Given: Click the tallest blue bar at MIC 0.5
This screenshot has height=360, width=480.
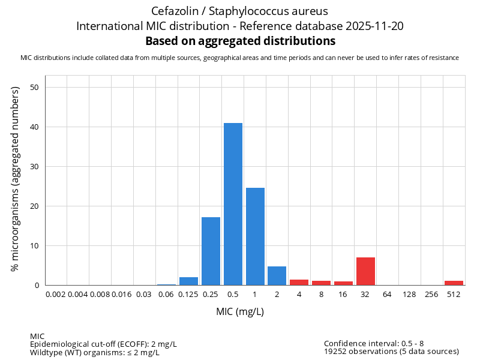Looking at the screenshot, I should click(233, 204).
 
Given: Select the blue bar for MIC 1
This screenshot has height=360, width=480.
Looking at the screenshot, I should click(255, 236).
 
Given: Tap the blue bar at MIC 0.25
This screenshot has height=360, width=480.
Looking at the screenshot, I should click(211, 251).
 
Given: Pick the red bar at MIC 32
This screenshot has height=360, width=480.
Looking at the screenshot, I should click(365, 271).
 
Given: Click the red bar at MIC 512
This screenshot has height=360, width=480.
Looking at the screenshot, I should click(454, 283).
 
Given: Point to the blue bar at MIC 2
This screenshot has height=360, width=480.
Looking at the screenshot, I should click(277, 275).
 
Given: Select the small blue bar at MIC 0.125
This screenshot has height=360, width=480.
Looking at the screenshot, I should click(188, 281).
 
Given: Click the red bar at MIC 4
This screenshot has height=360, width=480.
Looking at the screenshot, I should click(299, 282).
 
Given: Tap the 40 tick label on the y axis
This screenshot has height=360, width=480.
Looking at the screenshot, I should click(35, 127).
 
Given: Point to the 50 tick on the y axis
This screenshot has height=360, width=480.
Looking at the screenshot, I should click(35, 88).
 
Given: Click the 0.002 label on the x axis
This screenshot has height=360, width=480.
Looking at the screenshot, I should click(56, 294).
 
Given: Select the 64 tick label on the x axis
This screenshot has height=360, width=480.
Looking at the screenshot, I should click(388, 294).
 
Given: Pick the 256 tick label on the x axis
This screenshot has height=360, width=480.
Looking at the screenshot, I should click(432, 294).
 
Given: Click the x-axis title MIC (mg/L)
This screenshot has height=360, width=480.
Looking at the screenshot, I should click(240, 312).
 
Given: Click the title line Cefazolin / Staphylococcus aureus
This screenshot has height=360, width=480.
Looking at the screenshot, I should click(240, 11).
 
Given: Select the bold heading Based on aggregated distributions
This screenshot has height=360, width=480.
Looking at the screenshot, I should click(240, 41).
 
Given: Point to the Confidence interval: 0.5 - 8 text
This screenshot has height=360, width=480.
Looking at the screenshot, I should click(374, 344).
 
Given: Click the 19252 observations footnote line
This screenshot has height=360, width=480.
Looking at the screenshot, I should click(391, 352).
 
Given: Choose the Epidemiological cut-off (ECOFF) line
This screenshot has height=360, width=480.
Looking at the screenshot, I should click(103, 344).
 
